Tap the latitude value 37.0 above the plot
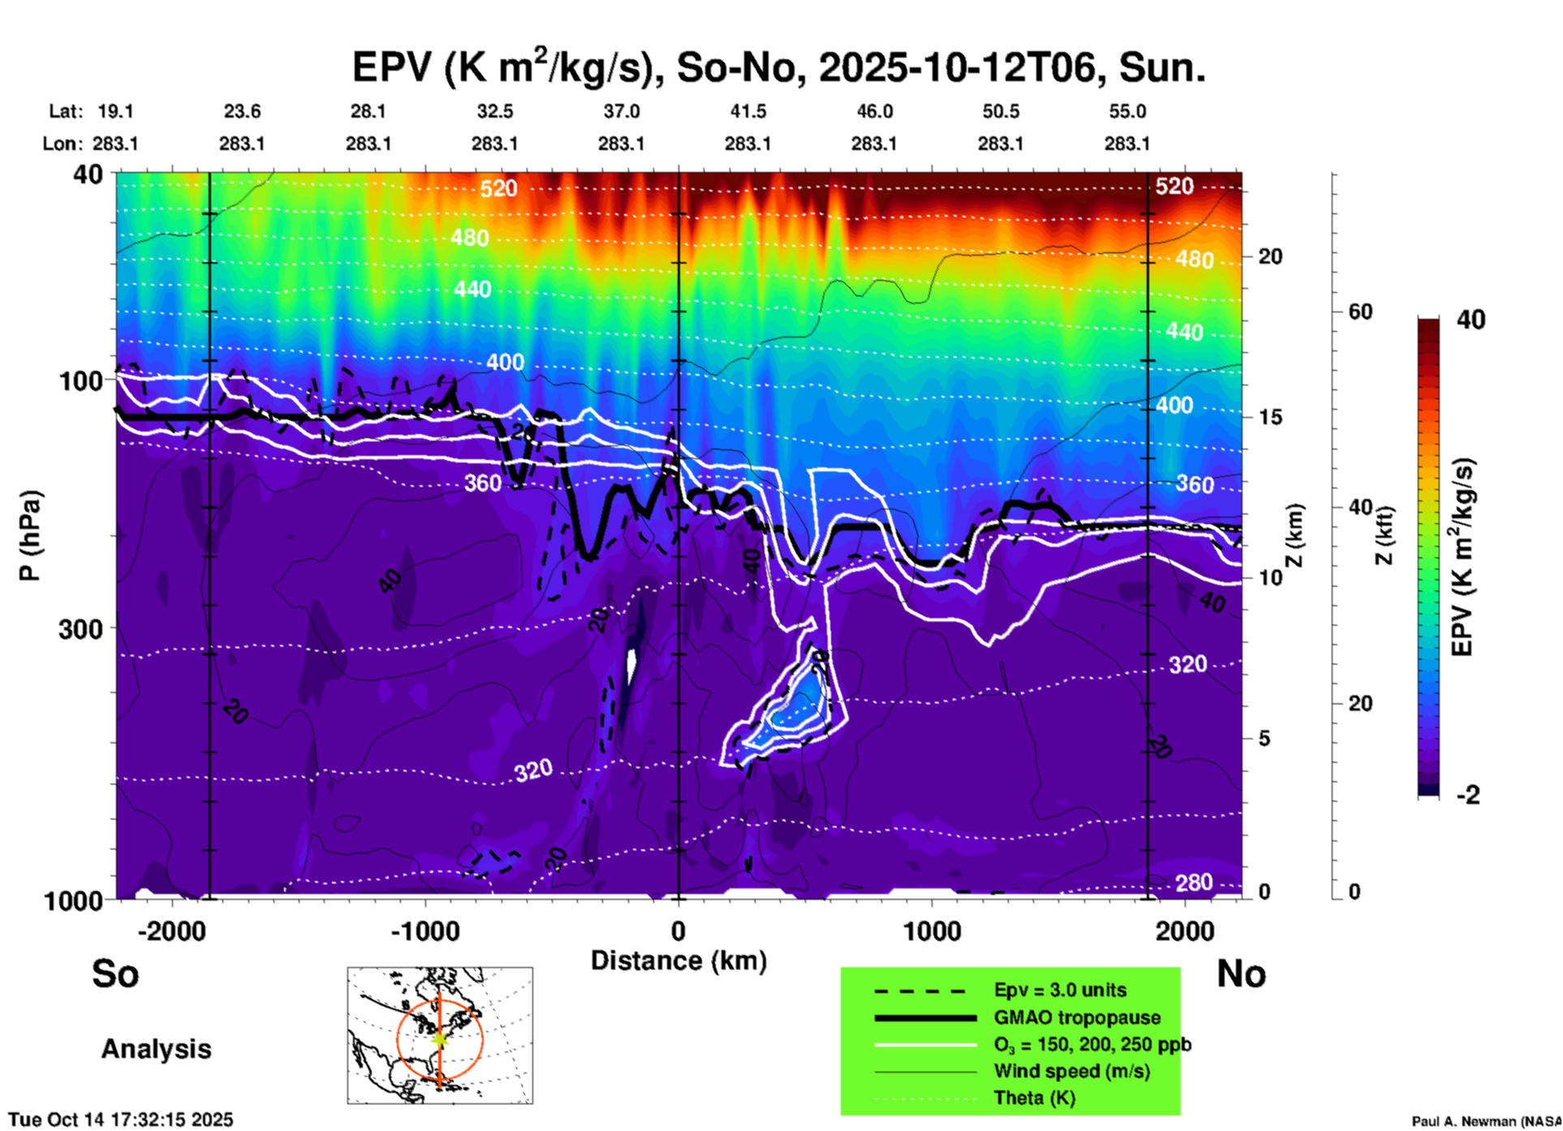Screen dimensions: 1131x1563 point(621,111)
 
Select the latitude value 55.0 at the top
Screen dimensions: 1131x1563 point(1126,111)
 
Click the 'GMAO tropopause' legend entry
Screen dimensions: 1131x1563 point(1076,1017)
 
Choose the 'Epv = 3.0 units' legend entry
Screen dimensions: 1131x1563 point(1059,990)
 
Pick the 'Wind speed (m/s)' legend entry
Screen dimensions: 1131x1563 point(1071,1071)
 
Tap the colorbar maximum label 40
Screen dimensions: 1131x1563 point(1470,320)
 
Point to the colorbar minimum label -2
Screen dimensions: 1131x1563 point(1469,795)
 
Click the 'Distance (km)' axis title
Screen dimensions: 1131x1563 point(678,961)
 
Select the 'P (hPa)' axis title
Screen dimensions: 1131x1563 point(29,535)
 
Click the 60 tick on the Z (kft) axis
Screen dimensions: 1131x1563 point(1360,312)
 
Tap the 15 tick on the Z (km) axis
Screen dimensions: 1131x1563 point(1270,417)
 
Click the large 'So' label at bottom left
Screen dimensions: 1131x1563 point(115,974)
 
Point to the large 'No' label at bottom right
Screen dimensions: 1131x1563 point(1241,974)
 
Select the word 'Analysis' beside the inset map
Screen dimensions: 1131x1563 point(156,1049)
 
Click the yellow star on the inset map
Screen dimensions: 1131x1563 point(439,1038)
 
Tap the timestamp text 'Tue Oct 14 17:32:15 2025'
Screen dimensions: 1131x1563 point(121,1120)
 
